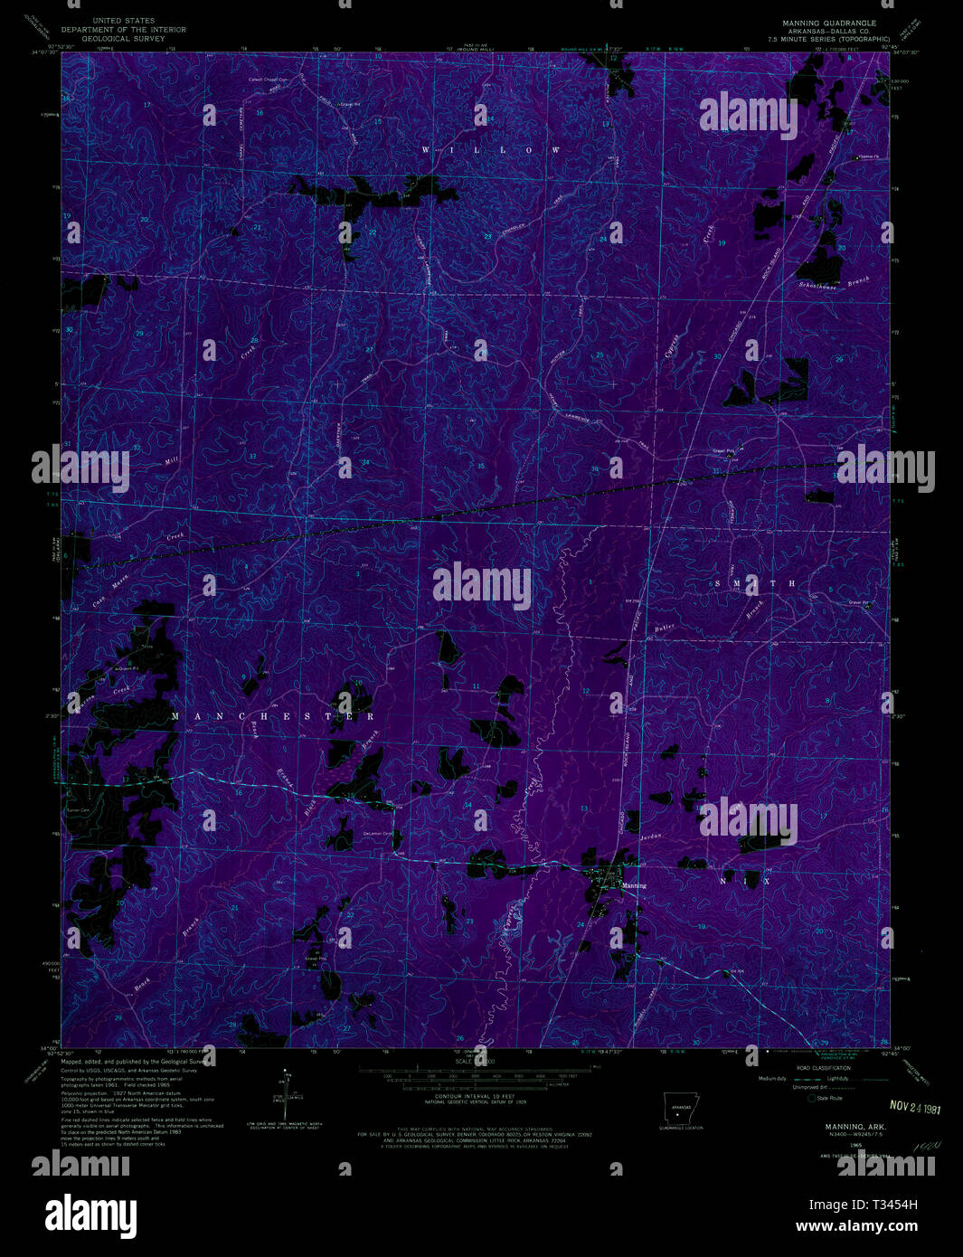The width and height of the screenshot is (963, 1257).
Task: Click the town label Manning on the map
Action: [634, 885]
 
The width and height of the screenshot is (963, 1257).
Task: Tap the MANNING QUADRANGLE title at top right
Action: [829, 23]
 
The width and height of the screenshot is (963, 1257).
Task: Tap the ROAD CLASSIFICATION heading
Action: [817, 1068]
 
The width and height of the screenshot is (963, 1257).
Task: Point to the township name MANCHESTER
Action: [273, 716]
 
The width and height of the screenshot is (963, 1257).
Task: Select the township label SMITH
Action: [755, 584]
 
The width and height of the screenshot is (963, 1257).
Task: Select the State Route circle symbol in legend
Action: [811, 1098]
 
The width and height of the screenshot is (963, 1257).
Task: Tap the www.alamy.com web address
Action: [856, 1226]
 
